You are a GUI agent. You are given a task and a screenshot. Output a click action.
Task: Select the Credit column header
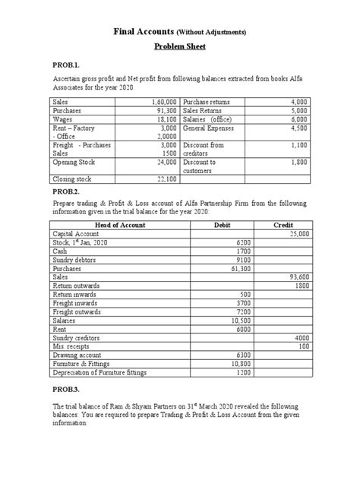coord(283,226)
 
